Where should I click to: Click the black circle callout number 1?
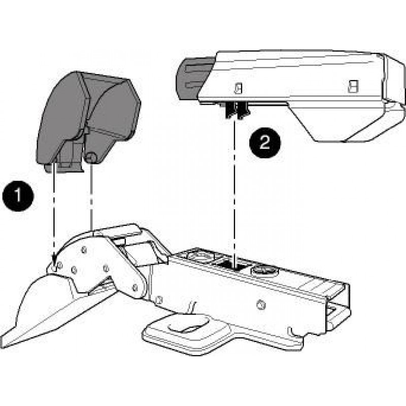(18, 196)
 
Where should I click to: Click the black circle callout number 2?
(265, 143)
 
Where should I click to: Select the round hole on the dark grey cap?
(90, 157)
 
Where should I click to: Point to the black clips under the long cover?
(237, 110)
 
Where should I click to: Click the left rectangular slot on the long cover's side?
(239, 88)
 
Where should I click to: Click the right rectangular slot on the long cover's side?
(353, 86)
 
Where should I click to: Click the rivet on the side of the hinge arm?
(261, 305)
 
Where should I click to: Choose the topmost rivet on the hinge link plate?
(84, 250)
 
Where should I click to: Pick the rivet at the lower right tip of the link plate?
(134, 287)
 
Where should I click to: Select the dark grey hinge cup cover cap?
(88, 122)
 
